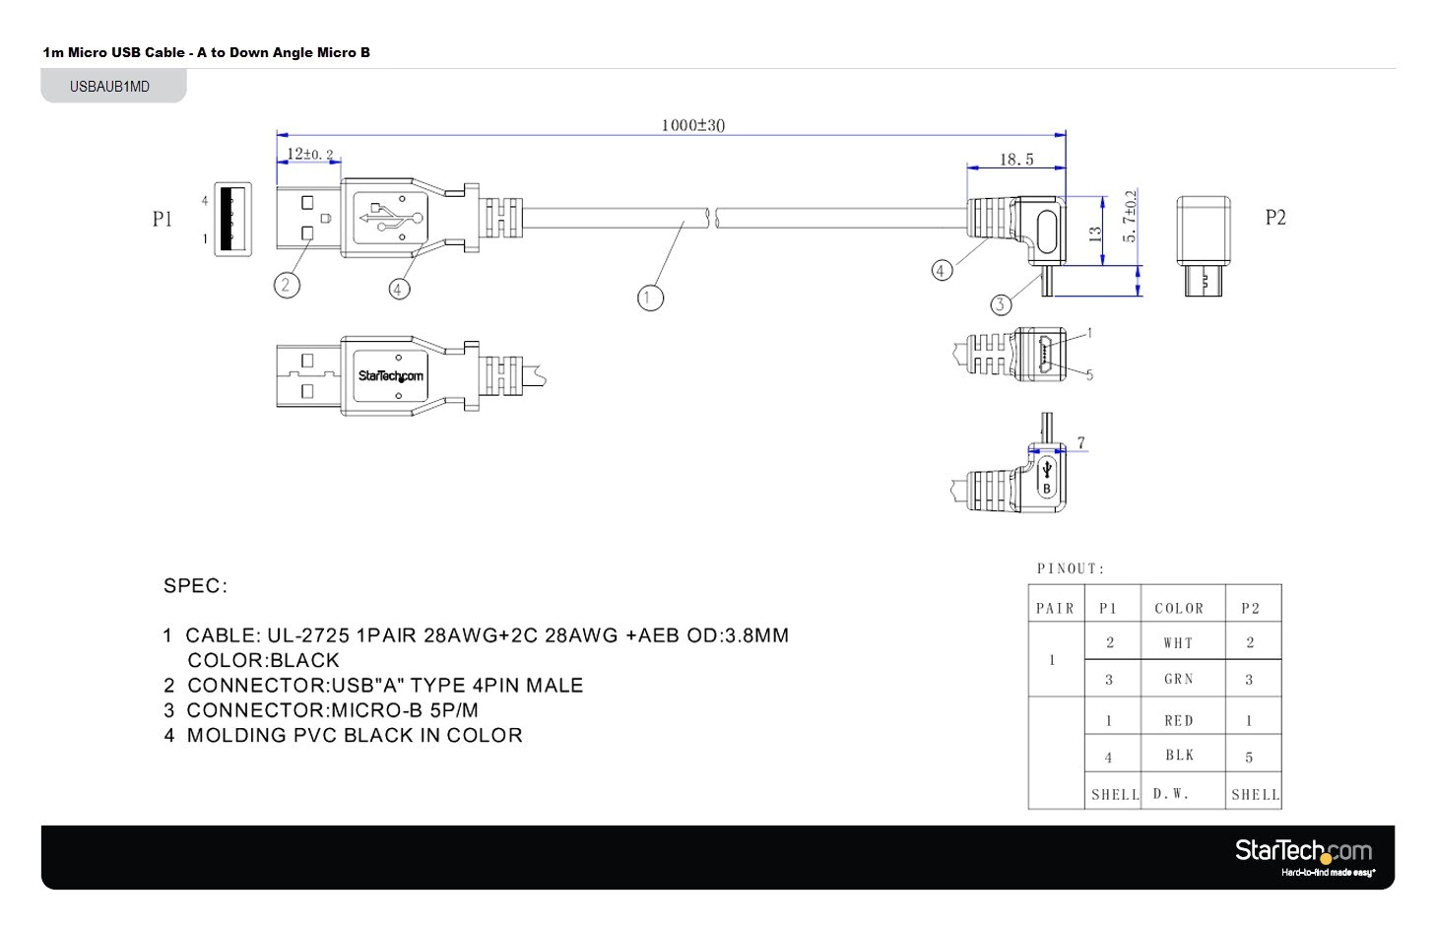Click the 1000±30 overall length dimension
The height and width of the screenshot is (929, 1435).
tap(692, 125)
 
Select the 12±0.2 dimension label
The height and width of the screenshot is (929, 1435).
tap(309, 155)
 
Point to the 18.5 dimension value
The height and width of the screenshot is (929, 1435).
tap(1016, 160)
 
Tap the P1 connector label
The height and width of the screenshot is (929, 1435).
tap(163, 219)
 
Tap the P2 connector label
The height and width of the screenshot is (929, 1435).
tap(1275, 218)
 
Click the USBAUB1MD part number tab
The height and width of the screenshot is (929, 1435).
tap(110, 87)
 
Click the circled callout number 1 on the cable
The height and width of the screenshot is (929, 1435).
tap(650, 298)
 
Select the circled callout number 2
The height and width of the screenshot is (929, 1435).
tap(286, 285)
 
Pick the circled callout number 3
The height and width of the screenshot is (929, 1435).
tap(1000, 304)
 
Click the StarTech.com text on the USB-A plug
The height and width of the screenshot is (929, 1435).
tap(390, 376)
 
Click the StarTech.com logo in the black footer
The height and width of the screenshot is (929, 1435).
tap(1303, 852)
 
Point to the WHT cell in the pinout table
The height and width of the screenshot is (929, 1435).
tap(1178, 643)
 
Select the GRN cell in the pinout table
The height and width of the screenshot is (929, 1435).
tap(1178, 680)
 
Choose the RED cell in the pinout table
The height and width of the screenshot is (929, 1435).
tap(1178, 721)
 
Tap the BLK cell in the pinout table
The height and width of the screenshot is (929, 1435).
tap(1179, 756)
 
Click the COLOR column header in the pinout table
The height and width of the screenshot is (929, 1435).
tap(1179, 609)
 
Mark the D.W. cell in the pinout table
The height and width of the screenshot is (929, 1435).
tap(1171, 794)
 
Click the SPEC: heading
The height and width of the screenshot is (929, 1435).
tap(195, 586)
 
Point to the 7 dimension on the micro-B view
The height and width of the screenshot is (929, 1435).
tap(1080, 443)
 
